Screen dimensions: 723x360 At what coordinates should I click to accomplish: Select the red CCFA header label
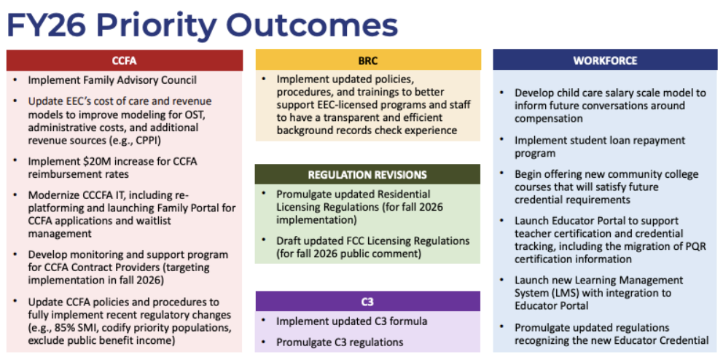coord(125,60)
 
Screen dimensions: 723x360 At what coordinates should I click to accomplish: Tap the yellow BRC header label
coord(368,60)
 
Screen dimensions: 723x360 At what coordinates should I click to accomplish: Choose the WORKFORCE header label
coord(605,60)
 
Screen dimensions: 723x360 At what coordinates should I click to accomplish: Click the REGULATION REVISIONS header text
coord(367,175)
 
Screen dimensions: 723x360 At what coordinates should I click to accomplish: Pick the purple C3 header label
coord(367,301)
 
